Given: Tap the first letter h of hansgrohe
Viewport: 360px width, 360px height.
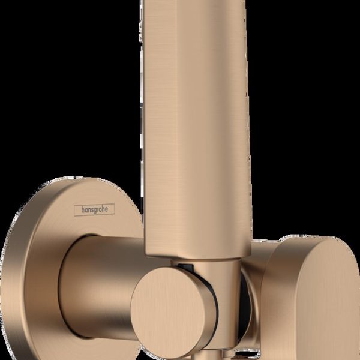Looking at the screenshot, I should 76,211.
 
